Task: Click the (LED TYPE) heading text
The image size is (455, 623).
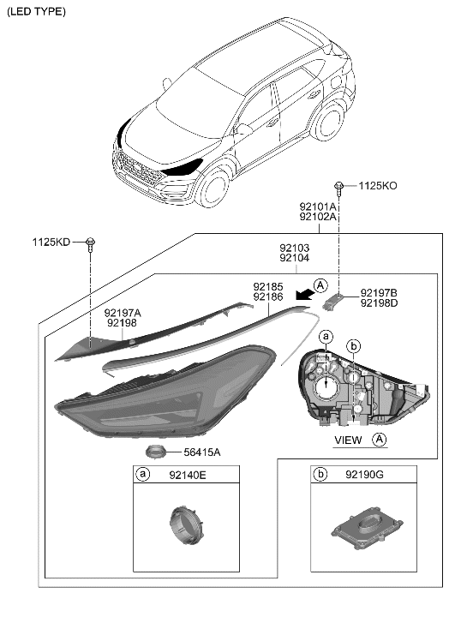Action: tap(36, 11)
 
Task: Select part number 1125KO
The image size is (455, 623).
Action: tap(377, 185)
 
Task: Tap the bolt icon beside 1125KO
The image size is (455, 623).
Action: tap(341, 185)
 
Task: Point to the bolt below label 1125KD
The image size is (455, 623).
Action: tap(90, 246)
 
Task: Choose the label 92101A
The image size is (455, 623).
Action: tap(318, 207)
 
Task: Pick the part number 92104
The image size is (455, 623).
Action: tap(294, 257)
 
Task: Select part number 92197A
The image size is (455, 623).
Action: tap(123, 314)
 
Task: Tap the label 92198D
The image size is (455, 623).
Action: tap(379, 303)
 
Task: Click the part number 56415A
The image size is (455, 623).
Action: tap(201, 452)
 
